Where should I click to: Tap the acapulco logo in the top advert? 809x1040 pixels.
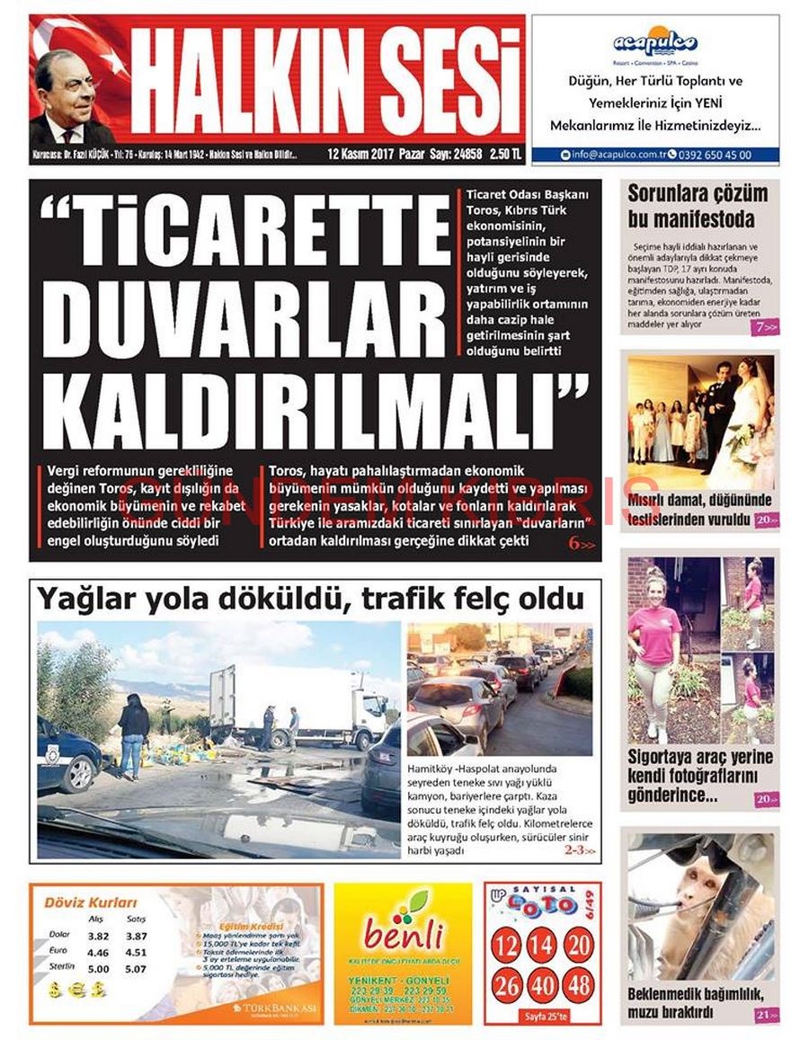click(654, 42)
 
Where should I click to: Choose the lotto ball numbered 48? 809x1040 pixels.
click(578, 985)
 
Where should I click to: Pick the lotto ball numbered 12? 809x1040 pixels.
click(507, 946)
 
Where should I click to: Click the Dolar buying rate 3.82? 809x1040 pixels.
click(98, 936)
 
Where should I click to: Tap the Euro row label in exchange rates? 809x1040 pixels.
click(59, 951)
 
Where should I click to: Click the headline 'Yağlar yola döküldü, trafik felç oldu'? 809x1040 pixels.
click(310, 599)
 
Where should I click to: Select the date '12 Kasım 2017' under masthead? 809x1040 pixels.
click(360, 155)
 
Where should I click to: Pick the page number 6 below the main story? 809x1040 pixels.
click(573, 544)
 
